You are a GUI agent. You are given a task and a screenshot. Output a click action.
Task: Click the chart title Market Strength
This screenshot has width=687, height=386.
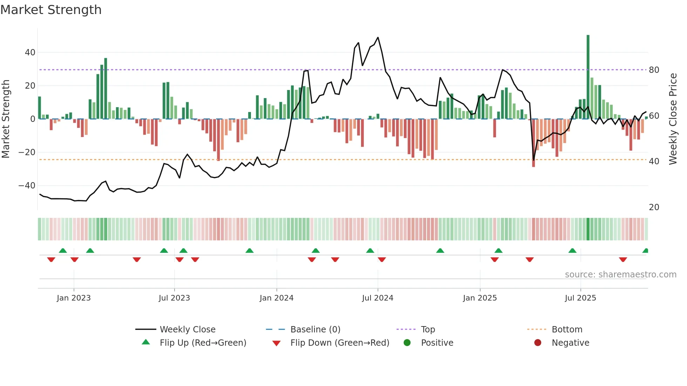click(x=51, y=10)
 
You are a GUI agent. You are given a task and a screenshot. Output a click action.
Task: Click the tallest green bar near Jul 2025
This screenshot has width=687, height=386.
click(x=588, y=77)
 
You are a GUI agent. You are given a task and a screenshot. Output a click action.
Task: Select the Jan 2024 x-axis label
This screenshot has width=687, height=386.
click(x=277, y=298)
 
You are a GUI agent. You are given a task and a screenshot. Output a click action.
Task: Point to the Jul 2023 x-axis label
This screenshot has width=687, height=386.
click(x=174, y=298)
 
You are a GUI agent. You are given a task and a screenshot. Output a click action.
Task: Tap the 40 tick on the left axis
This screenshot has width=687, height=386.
click(x=30, y=53)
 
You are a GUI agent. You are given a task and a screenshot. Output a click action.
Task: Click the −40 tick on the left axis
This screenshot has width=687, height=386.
click(x=27, y=186)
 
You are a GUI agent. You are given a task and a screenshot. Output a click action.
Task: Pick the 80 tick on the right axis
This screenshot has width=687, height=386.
click(x=654, y=70)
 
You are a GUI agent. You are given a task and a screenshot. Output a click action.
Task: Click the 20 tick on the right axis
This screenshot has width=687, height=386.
click(x=654, y=207)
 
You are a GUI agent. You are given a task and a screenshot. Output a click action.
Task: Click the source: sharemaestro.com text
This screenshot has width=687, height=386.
click(x=620, y=275)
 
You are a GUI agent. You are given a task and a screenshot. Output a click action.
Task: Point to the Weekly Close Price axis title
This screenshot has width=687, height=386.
click(x=673, y=119)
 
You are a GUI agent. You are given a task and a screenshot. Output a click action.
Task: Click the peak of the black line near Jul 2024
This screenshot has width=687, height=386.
click(x=378, y=37)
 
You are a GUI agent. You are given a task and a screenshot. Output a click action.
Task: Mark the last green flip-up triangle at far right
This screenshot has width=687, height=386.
click(x=646, y=251)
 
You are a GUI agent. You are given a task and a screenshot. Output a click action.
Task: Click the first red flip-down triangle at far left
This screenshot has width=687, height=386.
click(x=51, y=260)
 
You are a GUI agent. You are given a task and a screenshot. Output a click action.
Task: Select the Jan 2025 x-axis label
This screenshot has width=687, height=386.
click(x=480, y=298)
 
